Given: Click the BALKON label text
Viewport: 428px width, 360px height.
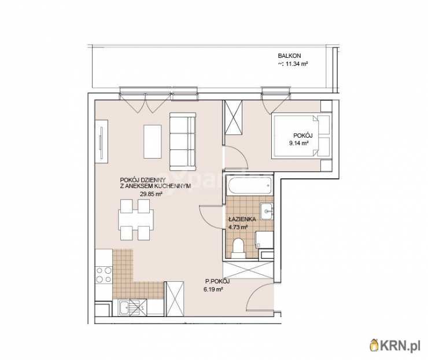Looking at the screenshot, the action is (289, 56).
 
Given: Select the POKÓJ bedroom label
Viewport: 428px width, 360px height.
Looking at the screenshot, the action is (303, 135).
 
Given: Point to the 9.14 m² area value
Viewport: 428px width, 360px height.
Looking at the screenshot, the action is (299, 143).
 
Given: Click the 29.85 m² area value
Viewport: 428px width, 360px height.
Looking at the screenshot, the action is (151, 194).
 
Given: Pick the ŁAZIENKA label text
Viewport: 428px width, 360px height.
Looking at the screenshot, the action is (242, 219).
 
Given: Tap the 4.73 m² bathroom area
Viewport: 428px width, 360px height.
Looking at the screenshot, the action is (238, 227).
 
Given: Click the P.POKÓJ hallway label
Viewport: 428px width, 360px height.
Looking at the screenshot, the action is (217, 282).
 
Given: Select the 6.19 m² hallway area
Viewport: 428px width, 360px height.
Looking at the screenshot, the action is (213, 289).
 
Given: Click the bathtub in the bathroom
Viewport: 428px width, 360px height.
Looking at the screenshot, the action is (250, 185).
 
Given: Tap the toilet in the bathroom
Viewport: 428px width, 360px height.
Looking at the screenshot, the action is (238, 248).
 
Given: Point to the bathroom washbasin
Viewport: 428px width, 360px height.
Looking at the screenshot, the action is (265, 211).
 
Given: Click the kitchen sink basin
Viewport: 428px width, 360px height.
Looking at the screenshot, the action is (126, 307).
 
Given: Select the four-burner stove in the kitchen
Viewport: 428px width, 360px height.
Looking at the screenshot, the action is (104, 275).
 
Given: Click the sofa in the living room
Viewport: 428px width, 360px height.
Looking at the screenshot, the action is (183, 141).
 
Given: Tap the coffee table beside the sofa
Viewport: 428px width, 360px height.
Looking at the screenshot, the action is (153, 141).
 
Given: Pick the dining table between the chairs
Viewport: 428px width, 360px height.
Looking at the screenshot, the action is (136, 220).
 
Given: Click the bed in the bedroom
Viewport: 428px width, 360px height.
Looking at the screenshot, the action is (301, 136).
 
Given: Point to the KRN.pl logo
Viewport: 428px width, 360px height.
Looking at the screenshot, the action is (395, 346).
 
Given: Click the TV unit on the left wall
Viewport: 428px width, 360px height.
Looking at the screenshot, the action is (101, 141).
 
